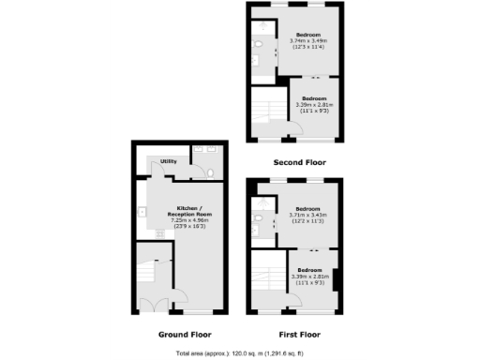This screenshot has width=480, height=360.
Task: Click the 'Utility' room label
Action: [x=169, y=161]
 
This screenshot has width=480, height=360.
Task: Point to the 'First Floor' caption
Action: [x=299, y=334]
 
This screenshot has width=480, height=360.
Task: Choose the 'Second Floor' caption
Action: [x=299, y=161]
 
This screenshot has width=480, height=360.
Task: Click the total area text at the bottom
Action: [x=240, y=352]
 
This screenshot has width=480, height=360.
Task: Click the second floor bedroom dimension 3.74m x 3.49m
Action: [x=308, y=41]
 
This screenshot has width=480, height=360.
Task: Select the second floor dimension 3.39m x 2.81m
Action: [x=313, y=105]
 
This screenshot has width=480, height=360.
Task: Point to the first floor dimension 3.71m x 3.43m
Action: [x=308, y=216]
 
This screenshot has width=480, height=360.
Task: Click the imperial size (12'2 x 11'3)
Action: [x=308, y=222]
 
